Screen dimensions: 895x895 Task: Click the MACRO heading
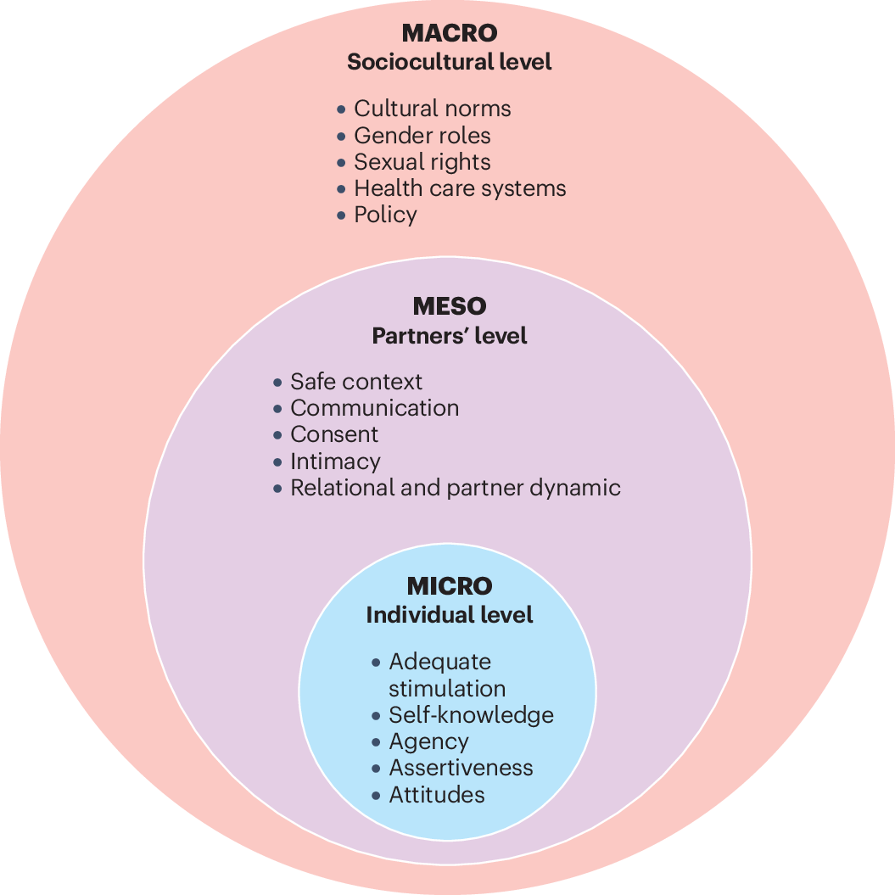(x=449, y=34)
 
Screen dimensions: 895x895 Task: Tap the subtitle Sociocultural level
(x=449, y=62)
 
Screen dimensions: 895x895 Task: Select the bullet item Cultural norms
(x=432, y=109)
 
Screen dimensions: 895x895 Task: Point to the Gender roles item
(x=422, y=136)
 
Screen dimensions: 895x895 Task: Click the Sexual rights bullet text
(x=422, y=162)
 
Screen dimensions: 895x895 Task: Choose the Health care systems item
(x=460, y=188)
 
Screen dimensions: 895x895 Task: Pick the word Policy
(x=385, y=215)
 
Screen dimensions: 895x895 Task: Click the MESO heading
(x=450, y=306)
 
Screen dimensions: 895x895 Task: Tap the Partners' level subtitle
(x=450, y=336)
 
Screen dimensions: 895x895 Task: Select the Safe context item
(x=355, y=382)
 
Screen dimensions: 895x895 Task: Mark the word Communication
(x=374, y=408)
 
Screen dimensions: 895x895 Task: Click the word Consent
(x=334, y=434)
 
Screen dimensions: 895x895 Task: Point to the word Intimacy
(x=335, y=461)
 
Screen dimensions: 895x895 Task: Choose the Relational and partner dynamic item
(x=455, y=488)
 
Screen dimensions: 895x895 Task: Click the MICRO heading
(x=450, y=586)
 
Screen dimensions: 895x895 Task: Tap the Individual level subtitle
(x=450, y=615)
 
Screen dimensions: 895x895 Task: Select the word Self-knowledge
(x=471, y=715)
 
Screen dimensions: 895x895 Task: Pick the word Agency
(x=428, y=741)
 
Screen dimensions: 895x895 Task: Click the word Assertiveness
(x=461, y=768)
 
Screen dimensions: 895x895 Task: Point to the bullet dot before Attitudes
(x=376, y=795)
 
